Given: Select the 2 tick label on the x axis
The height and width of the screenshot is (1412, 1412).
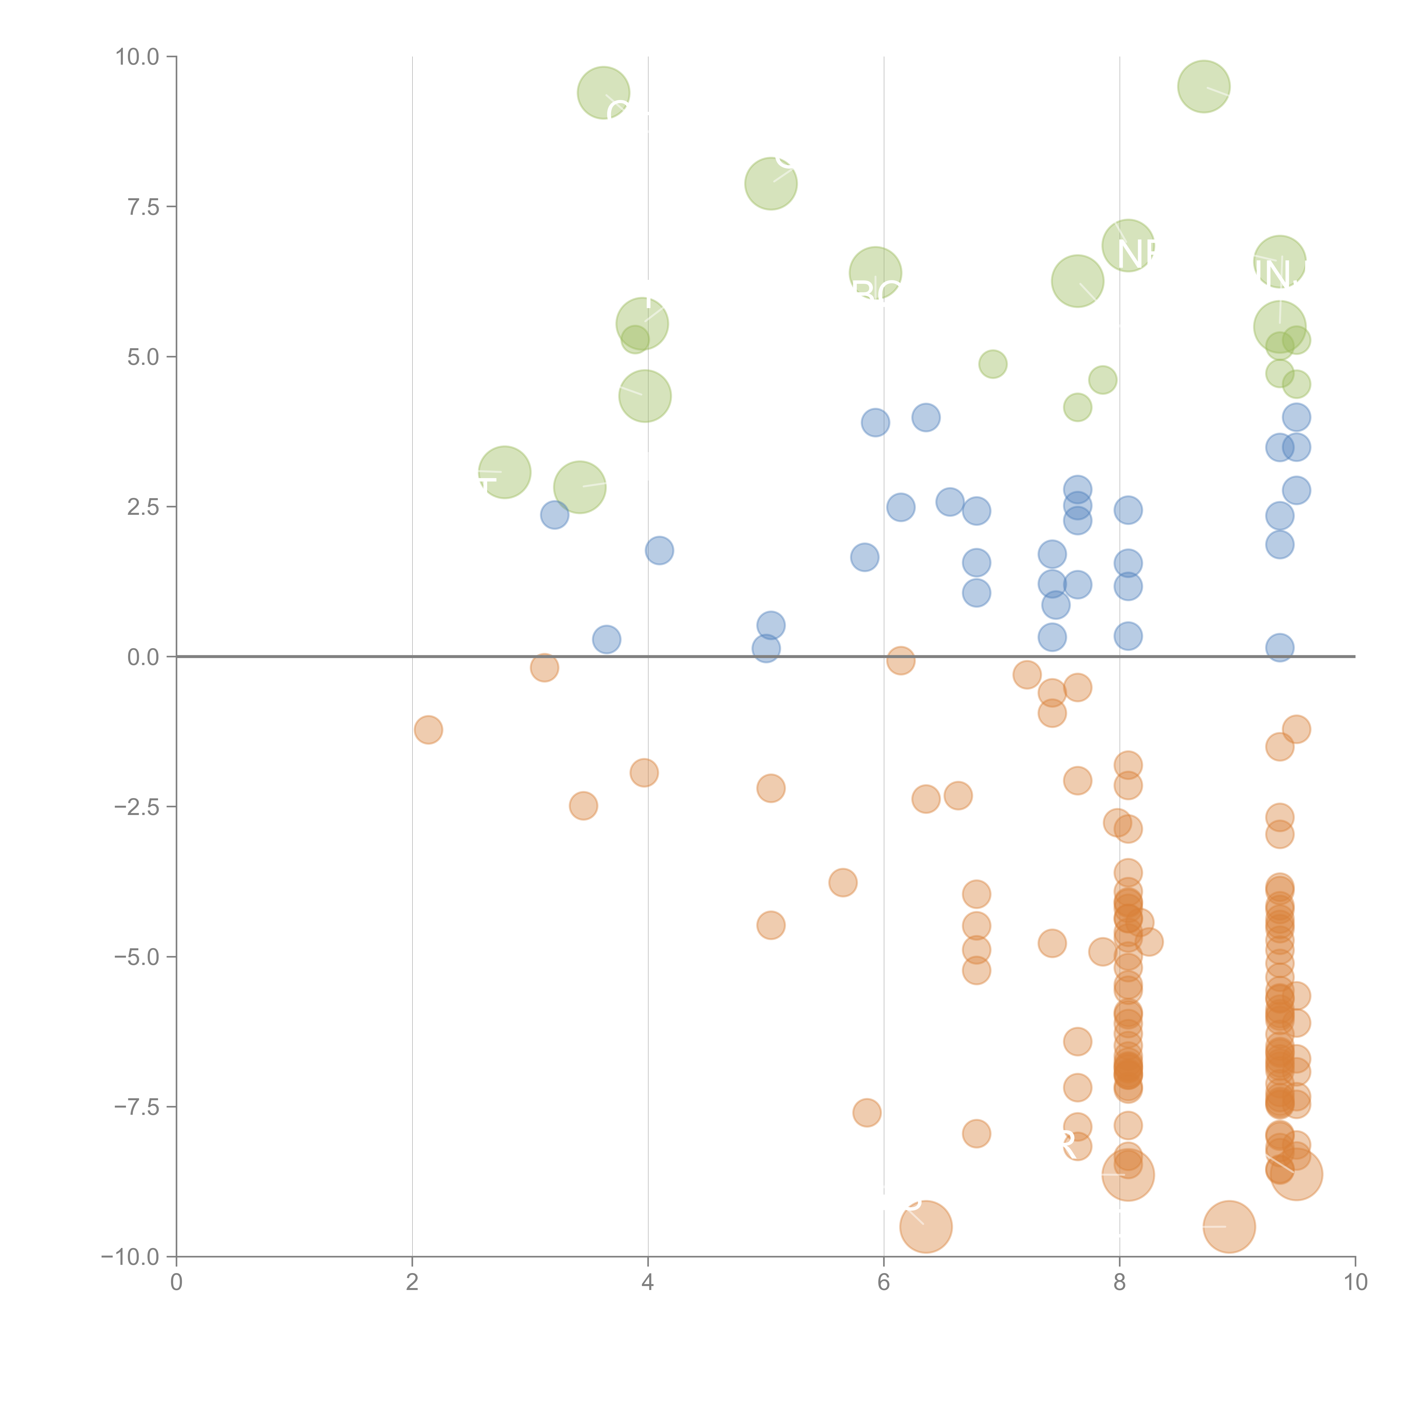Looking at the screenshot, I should point(412,1283).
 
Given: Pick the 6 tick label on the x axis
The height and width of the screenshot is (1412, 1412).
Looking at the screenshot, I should point(884,1283).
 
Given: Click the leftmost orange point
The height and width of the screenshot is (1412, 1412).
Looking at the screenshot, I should point(428,729).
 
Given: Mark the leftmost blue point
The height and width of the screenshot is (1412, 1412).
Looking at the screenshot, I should point(555,515).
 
